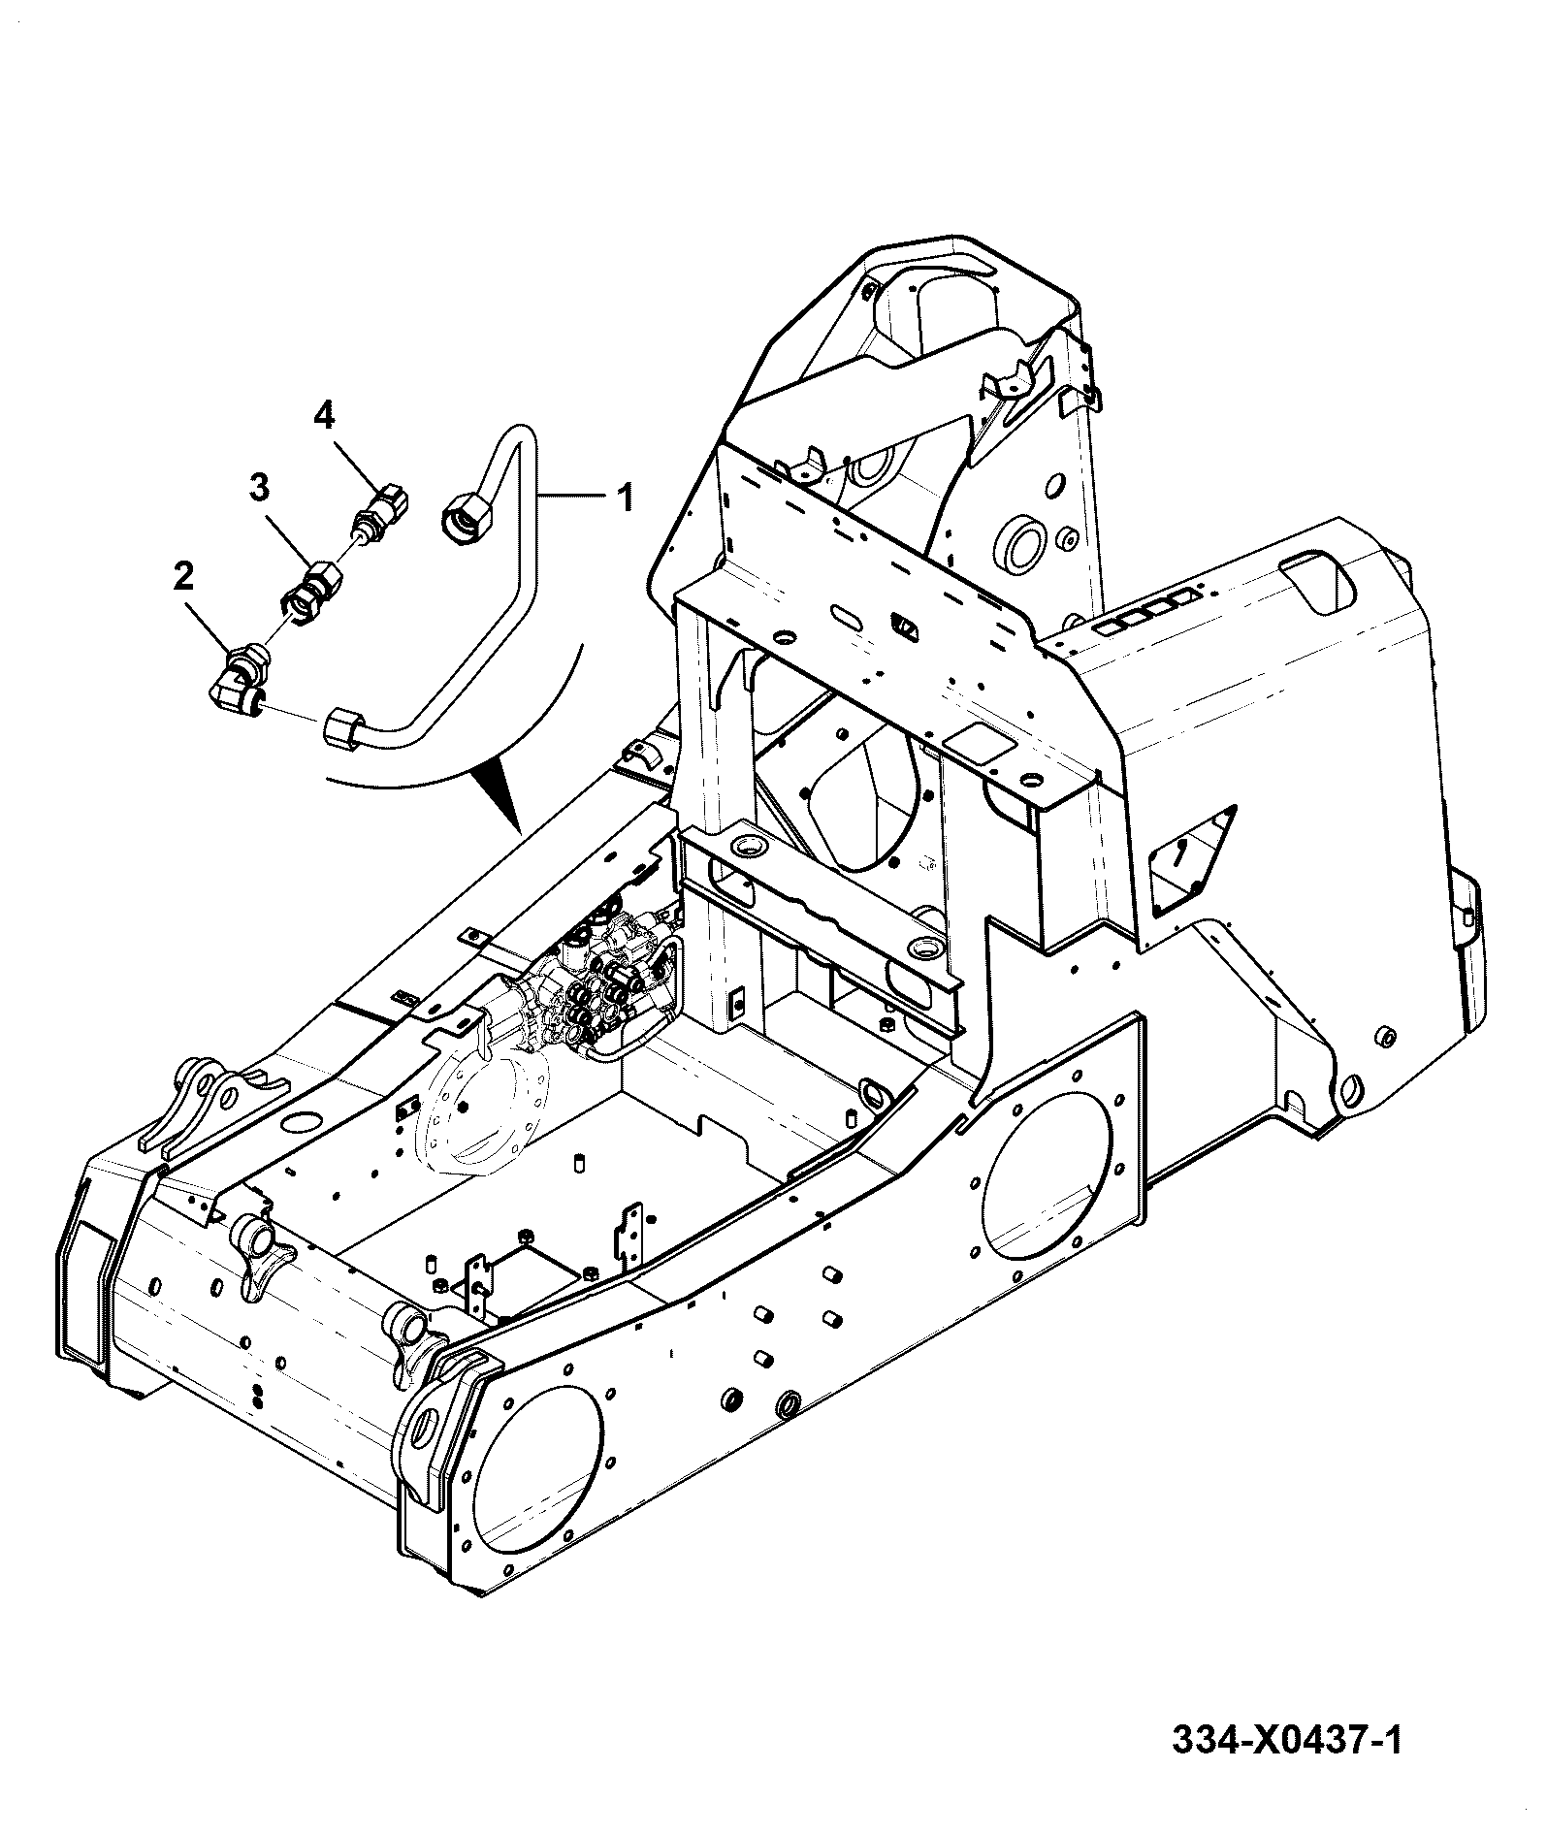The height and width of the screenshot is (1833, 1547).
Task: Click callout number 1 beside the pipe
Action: [x=625, y=498]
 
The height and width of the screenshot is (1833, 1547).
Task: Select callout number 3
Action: [x=258, y=488]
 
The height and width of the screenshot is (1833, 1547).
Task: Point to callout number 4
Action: [x=324, y=416]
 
